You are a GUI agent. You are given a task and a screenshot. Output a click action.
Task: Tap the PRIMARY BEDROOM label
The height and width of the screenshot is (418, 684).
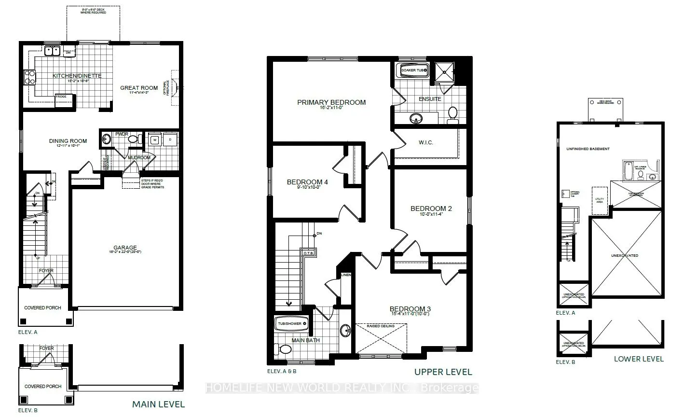point(331,102)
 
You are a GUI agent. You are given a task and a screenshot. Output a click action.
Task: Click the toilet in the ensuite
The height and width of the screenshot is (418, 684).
point(452,112)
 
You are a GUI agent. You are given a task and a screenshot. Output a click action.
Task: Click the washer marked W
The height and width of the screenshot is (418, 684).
point(155,140)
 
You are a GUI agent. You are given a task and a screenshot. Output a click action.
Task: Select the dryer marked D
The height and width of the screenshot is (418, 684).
point(170,140)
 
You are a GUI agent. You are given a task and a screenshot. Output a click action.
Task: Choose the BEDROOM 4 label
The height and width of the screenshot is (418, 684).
point(307,182)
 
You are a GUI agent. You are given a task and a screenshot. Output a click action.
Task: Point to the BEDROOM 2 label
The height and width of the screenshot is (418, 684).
point(431,209)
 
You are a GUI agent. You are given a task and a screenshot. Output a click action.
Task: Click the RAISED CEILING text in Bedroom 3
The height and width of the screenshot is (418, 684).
point(381,326)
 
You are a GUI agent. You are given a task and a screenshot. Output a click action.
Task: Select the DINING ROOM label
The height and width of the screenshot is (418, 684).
point(68,141)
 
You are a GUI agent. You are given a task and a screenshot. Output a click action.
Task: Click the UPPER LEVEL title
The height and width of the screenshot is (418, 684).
point(443,372)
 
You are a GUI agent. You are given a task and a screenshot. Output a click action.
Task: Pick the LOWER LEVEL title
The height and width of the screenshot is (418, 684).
point(639,359)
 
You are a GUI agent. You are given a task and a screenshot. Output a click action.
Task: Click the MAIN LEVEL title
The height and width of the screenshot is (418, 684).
point(158,404)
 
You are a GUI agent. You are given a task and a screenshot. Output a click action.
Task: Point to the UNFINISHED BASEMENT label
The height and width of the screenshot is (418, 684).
point(588,149)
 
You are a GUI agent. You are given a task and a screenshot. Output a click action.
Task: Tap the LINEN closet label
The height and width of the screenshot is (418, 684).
point(346,275)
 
